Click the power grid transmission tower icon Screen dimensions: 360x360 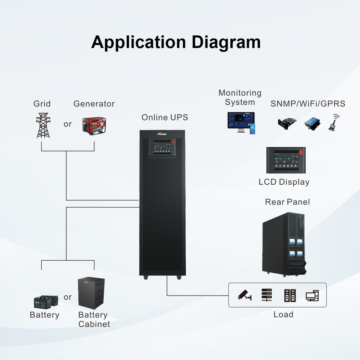[43, 125]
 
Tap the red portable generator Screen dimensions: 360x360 [94, 126]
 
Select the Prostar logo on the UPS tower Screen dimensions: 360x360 [162, 134]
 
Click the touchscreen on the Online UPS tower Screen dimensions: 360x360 [162, 147]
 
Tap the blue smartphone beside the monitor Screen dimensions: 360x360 [252, 129]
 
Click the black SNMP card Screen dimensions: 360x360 [287, 124]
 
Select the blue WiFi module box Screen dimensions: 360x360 [312, 124]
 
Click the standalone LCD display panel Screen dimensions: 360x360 [286, 160]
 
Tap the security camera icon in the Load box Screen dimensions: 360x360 [244, 295]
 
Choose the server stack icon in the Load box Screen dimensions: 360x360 [267, 295]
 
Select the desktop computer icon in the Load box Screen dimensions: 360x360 [312, 295]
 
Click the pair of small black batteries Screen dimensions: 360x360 [46, 302]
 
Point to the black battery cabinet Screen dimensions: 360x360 [91, 293]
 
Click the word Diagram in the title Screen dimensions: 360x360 [226, 42]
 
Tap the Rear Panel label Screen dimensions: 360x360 [288, 202]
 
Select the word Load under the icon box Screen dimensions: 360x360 [283, 314]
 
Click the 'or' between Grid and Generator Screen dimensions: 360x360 [68, 124]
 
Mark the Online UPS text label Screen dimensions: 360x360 [165, 117]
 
